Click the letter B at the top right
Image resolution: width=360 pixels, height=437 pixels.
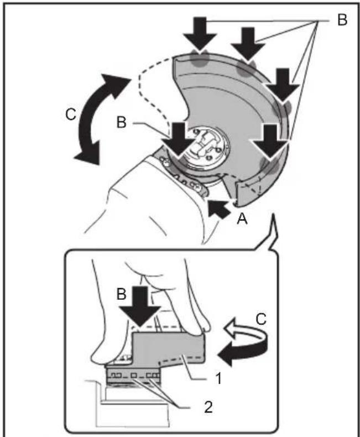point(342,20)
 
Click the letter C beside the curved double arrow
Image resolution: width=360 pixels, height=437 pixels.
point(71,114)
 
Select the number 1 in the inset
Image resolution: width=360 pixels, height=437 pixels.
point(219,378)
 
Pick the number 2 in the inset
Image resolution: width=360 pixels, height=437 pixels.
point(208,407)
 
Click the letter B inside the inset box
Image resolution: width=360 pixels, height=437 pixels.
point(122,294)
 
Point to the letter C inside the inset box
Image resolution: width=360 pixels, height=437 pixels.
point(261,319)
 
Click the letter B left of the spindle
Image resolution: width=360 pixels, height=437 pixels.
point(122,122)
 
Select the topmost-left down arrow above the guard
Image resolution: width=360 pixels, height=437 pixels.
point(200,34)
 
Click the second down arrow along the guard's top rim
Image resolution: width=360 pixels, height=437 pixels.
point(248,44)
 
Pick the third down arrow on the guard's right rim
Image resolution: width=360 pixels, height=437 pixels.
point(283,85)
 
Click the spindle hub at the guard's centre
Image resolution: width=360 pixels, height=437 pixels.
point(206,145)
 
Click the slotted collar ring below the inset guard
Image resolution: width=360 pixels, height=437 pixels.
point(133,376)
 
